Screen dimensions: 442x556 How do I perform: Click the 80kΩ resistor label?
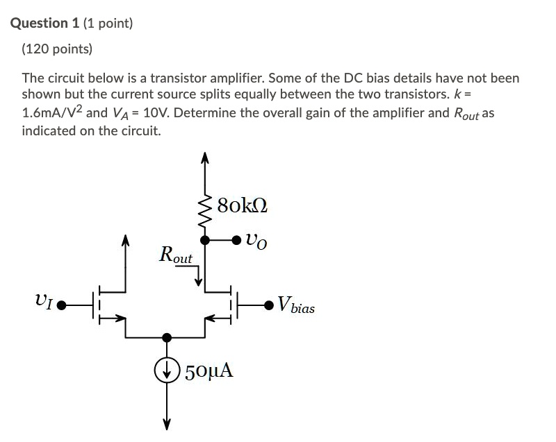tap(242, 205)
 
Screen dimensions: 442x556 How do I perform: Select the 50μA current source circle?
tap(166, 369)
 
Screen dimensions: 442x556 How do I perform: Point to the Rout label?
tap(175, 255)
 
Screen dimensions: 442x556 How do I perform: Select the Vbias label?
tap(295, 305)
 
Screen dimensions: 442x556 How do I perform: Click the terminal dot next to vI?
tap(62, 304)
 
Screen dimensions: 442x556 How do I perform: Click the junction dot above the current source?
tap(166, 337)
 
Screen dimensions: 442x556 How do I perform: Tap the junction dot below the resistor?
tap(205, 240)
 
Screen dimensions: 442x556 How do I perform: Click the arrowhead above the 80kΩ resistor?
tap(205, 158)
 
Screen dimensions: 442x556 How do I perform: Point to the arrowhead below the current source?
tap(166, 425)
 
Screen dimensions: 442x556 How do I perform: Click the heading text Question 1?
tap(45, 23)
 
